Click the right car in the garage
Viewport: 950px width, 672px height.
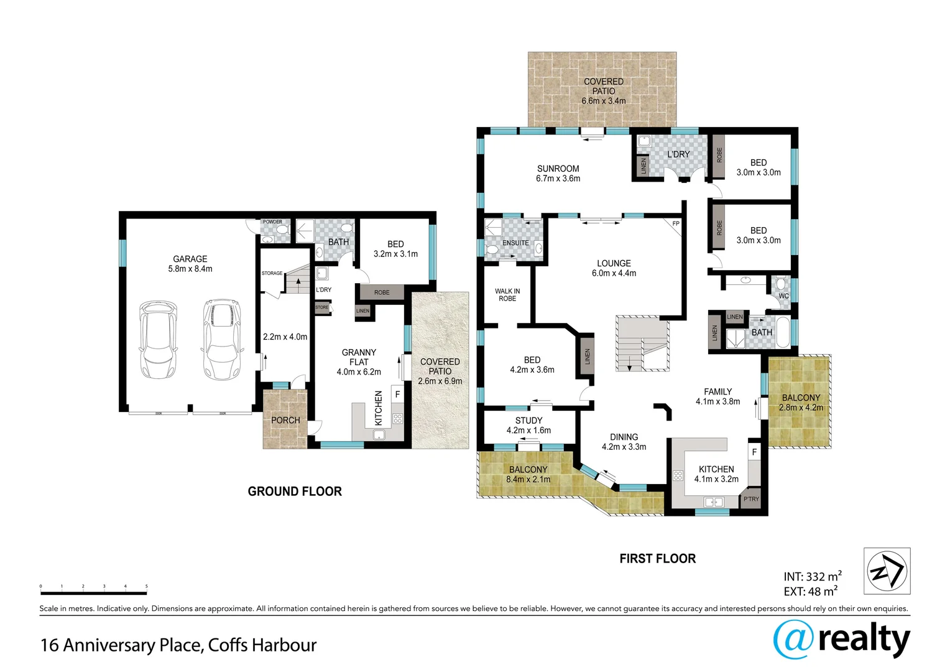[222, 340]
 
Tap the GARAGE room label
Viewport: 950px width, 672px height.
[190, 259]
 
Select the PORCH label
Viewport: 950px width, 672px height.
[285, 421]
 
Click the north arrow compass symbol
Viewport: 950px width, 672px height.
[887, 571]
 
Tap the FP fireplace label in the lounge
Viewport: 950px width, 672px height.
[676, 223]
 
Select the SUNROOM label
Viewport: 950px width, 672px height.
[558, 169]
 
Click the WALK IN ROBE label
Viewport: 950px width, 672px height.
[507, 295]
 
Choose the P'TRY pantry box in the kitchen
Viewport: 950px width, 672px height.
[751, 499]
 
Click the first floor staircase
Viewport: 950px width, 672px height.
[642, 344]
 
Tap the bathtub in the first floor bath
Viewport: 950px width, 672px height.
[782, 332]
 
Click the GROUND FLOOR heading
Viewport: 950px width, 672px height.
[295, 492]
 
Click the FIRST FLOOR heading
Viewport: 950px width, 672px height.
[657, 559]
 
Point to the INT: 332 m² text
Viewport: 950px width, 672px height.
[813, 577]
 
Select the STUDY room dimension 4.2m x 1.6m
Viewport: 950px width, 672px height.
[528, 431]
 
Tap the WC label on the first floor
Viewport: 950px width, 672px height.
[783, 296]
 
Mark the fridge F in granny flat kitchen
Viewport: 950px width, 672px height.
[397, 394]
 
